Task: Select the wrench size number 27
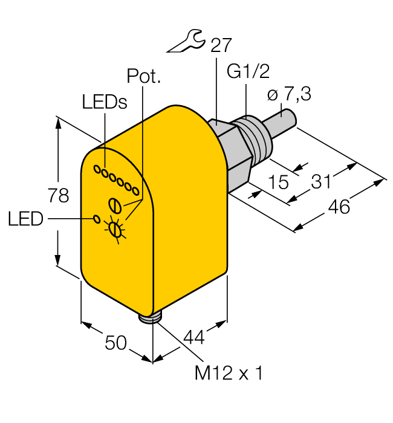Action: (x=221, y=45)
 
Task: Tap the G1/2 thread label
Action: (x=248, y=71)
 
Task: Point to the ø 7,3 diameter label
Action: (x=289, y=94)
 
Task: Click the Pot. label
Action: (x=144, y=76)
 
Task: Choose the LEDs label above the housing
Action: (x=105, y=102)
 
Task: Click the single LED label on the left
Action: (x=25, y=219)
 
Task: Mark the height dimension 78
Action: (x=58, y=195)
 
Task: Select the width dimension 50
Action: (x=115, y=343)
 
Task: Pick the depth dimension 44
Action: (x=194, y=337)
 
